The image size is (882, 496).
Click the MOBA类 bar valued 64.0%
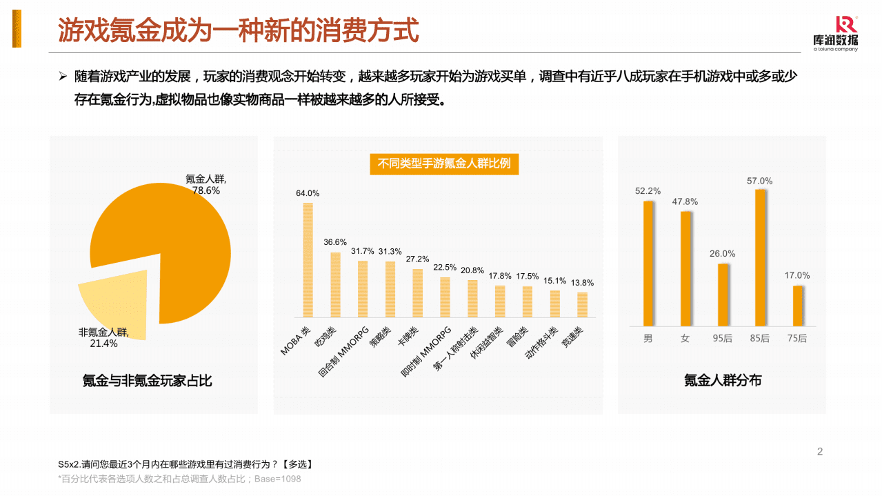pyautogui.click(x=308, y=259)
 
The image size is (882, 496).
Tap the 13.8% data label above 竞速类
pyautogui.click(x=583, y=283)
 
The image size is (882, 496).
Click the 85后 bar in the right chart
pyautogui.click(x=760, y=257)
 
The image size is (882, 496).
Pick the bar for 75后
pyautogui.click(x=797, y=306)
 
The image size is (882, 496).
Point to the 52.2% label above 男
pyautogui.click(x=648, y=191)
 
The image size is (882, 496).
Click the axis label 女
pyautogui.click(x=685, y=339)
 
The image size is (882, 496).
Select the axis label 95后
pyautogui.click(x=723, y=339)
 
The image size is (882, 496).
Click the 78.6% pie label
pyautogui.click(x=206, y=190)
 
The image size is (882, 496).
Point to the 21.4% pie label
pyautogui.click(x=103, y=344)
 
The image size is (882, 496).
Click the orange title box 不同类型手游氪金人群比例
pyautogui.click(x=444, y=164)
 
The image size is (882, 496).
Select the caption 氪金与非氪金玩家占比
pyautogui.click(x=147, y=380)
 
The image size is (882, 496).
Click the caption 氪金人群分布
pyautogui.click(x=722, y=380)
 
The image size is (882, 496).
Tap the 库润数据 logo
pyautogui.click(x=835, y=33)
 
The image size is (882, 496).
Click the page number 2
pyautogui.click(x=819, y=452)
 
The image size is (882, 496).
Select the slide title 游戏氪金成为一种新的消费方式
pyautogui.click(x=238, y=30)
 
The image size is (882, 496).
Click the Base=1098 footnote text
pyautogui.click(x=278, y=479)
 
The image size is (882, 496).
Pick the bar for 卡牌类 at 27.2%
pyautogui.click(x=417, y=292)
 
